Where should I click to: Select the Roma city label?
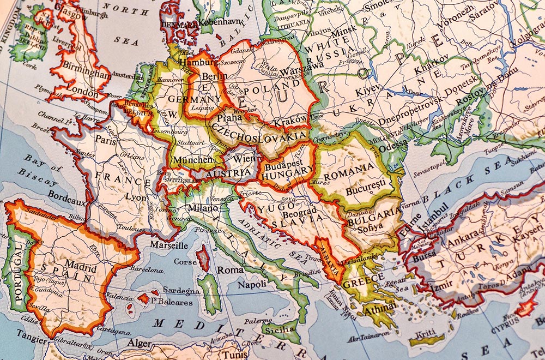point(228,270)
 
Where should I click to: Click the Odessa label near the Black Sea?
point(393,145)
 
